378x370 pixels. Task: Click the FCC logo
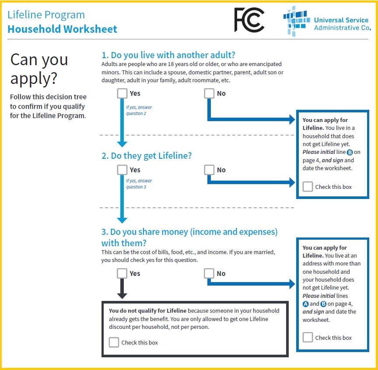(249, 20)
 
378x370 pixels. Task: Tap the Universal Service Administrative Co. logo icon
(296, 21)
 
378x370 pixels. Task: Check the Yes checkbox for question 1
(122, 94)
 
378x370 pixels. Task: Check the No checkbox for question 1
(209, 94)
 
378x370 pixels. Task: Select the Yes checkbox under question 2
(122, 170)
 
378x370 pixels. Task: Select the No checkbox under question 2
(209, 170)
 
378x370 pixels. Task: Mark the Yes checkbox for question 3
(122, 273)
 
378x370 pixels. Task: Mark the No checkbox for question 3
(209, 273)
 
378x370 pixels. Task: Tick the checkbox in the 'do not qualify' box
(114, 342)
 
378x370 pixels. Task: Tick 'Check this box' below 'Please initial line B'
(308, 187)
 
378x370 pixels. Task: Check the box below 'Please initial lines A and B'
(308, 337)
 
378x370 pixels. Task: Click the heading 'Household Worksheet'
(62, 29)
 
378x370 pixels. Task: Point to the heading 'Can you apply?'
(39, 69)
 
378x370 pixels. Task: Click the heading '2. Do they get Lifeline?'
(147, 156)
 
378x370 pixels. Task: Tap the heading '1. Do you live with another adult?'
(168, 55)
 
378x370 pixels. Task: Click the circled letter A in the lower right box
(306, 304)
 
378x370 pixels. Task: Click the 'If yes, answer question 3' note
(139, 184)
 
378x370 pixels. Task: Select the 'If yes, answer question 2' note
(139, 110)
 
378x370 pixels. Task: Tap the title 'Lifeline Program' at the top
(46, 14)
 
